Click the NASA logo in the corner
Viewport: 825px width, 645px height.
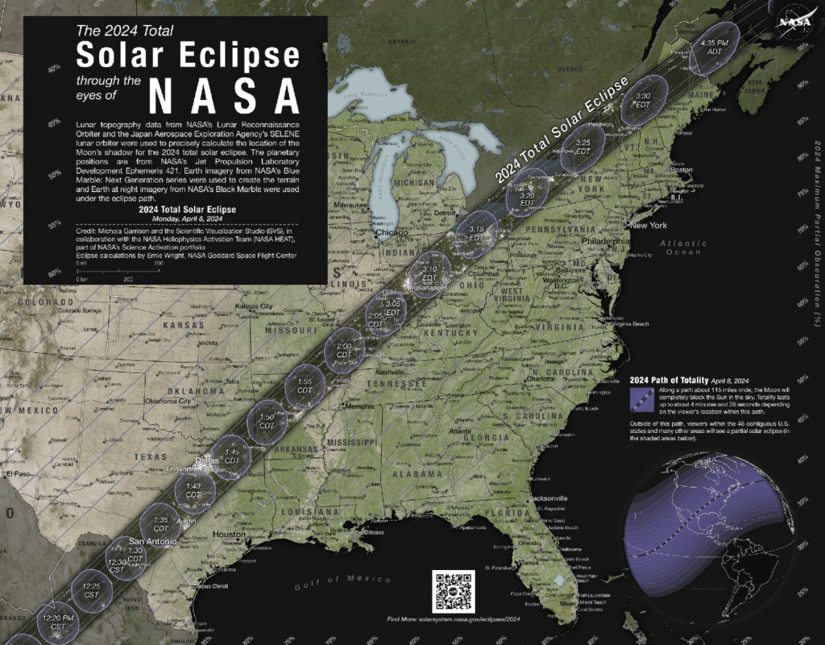(799, 17)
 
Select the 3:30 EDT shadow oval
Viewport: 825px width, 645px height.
(643, 98)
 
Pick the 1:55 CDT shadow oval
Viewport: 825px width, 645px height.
(305, 380)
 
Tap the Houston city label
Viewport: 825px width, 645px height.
(229, 535)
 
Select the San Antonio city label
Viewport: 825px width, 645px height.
(153, 541)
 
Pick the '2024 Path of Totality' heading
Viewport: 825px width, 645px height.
(667, 380)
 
